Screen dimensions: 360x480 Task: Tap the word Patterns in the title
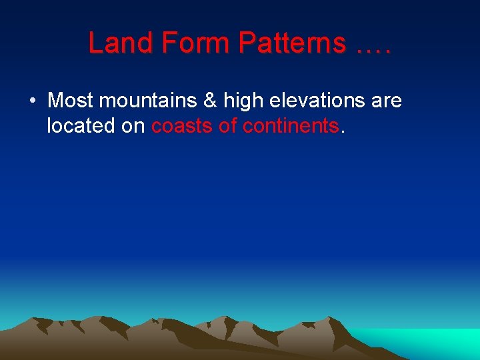tap(292, 43)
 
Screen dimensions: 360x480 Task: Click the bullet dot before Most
tap(32, 101)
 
